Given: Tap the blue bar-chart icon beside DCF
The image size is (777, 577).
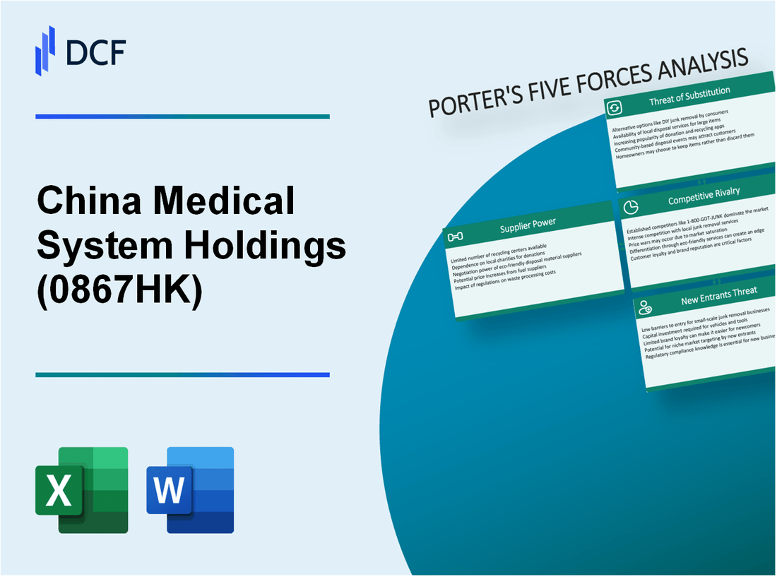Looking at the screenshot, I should pyautogui.click(x=46, y=50).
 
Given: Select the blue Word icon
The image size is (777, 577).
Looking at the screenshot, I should pyautogui.click(x=190, y=489).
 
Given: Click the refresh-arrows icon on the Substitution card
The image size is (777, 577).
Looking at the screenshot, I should pyautogui.click(x=615, y=107).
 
